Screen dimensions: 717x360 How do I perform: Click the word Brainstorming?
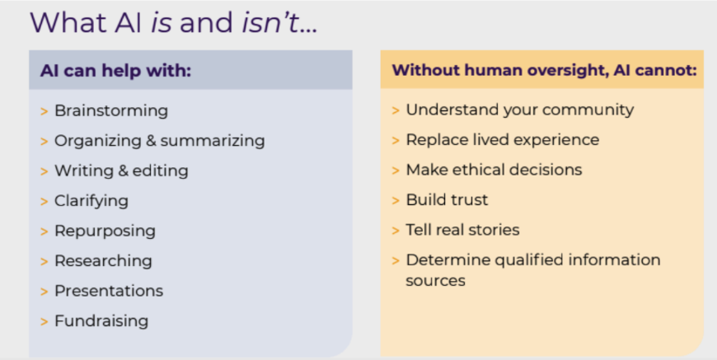pos(111,111)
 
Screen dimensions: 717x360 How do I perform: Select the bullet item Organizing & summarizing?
pos(160,141)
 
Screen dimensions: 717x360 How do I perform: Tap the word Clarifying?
pos(91,201)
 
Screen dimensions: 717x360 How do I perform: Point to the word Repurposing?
pos(105,231)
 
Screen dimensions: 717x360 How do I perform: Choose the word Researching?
pos(103,261)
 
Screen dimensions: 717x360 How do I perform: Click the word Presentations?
pos(109,291)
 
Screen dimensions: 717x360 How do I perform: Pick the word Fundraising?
pos(101,320)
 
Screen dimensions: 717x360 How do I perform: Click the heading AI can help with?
pos(115,71)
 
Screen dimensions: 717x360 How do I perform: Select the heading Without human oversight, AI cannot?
pos(544,70)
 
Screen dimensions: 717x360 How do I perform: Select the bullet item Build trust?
pos(448,200)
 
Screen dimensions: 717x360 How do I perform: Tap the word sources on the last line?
pos(435,281)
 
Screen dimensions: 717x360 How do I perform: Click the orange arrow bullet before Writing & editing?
pos(45,171)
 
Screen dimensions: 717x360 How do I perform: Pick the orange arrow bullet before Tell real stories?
pos(396,231)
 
